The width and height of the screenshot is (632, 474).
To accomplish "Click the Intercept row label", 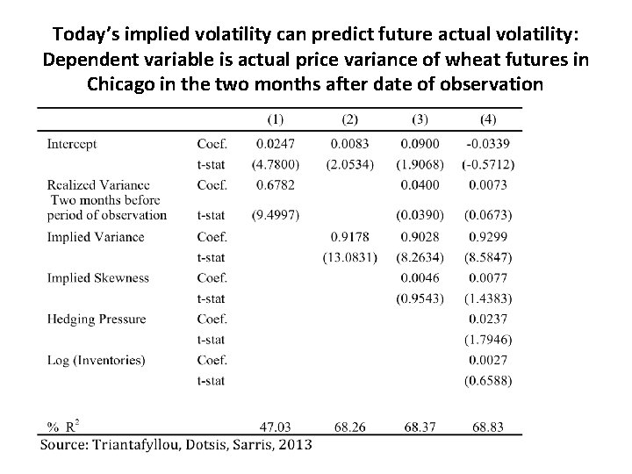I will (72, 143).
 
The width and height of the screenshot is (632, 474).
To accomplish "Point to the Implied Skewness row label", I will (98, 278).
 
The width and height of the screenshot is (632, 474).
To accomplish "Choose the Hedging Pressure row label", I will (97, 319).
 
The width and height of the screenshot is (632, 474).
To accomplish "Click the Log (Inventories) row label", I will (96, 360).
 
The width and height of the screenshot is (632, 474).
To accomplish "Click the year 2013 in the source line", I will (292, 444).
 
